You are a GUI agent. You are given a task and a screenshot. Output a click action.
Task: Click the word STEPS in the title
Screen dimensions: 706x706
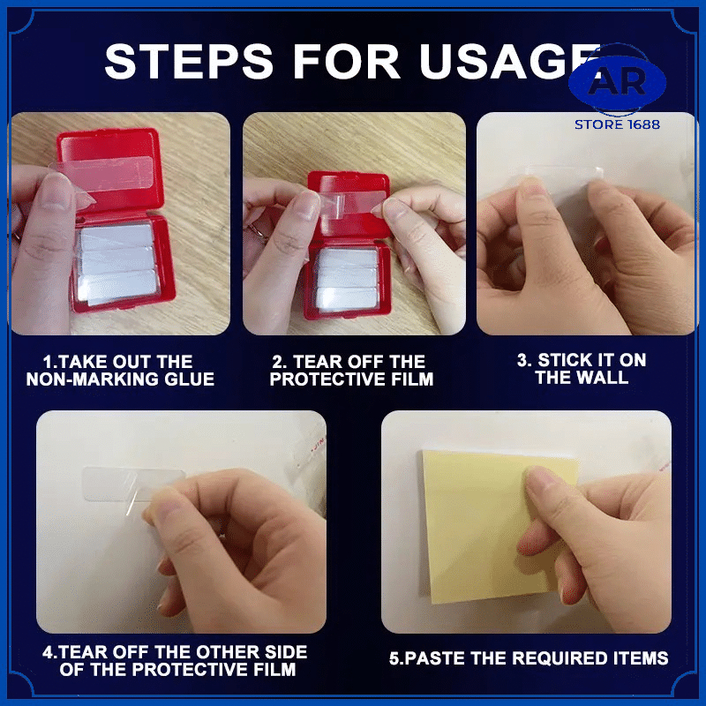coord(189,61)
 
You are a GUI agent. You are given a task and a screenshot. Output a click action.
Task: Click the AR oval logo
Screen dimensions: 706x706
coord(617,81)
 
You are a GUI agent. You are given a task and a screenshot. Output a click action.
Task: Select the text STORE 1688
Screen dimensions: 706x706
coord(617,124)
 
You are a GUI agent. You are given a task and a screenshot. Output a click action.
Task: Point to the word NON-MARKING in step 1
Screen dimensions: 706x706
coord(93,379)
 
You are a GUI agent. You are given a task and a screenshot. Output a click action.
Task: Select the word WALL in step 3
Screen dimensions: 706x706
coord(604,378)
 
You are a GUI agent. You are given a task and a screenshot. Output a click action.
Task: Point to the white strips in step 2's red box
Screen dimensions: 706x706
coord(346,279)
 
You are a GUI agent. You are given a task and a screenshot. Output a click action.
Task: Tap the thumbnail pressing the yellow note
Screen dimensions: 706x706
coord(540,478)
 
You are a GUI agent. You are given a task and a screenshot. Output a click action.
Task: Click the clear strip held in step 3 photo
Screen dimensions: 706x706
coord(563,179)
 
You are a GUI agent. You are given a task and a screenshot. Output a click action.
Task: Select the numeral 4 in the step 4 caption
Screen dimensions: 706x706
coord(48,652)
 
